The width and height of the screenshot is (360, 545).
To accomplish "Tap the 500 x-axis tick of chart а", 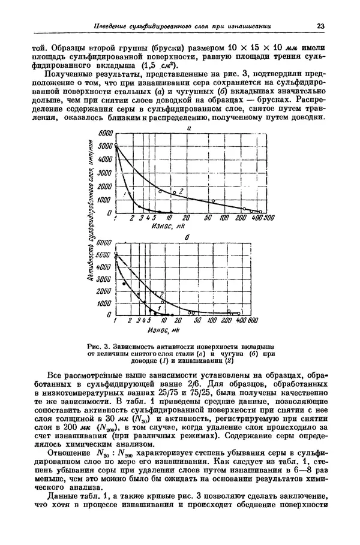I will pos(269,219).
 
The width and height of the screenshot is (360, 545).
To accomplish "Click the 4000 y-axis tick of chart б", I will pos(104,267).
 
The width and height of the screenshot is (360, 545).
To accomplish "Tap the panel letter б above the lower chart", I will pos(188,237).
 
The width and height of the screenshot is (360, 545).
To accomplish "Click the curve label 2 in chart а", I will pos(181,190).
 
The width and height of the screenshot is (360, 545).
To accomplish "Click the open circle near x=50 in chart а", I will pos(213,201).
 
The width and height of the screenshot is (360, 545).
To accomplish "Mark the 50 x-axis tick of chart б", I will pos(197,321).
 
